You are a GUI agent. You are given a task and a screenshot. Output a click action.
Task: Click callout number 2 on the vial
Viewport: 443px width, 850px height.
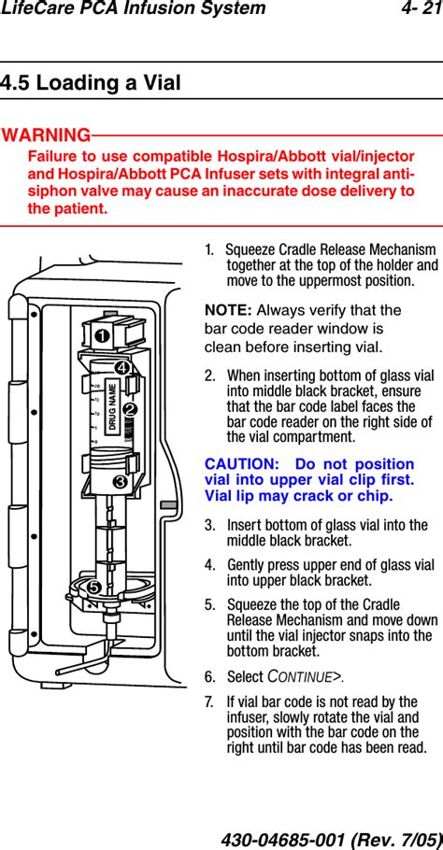(x=129, y=410)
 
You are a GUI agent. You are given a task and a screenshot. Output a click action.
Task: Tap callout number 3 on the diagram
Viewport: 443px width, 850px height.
(x=121, y=481)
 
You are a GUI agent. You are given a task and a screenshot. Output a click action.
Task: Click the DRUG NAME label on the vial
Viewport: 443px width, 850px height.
(x=113, y=407)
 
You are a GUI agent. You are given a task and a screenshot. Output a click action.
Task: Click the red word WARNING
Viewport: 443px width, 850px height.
(x=46, y=135)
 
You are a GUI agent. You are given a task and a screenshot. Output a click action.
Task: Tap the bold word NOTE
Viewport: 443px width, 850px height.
(x=228, y=311)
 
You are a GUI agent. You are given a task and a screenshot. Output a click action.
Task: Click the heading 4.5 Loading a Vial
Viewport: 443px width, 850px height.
(x=90, y=83)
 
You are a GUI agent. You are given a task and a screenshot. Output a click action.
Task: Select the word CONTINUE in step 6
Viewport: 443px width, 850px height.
(x=300, y=677)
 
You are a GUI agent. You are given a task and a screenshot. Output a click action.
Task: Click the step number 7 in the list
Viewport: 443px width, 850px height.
(x=208, y=702)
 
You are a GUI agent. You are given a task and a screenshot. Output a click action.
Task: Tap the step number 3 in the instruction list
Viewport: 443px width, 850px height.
(x=208, y=525)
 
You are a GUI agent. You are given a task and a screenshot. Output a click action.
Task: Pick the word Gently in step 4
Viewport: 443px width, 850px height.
(x=245, y=565)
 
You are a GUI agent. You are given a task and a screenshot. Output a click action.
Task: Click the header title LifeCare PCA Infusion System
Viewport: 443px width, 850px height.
(x=134, y=8)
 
